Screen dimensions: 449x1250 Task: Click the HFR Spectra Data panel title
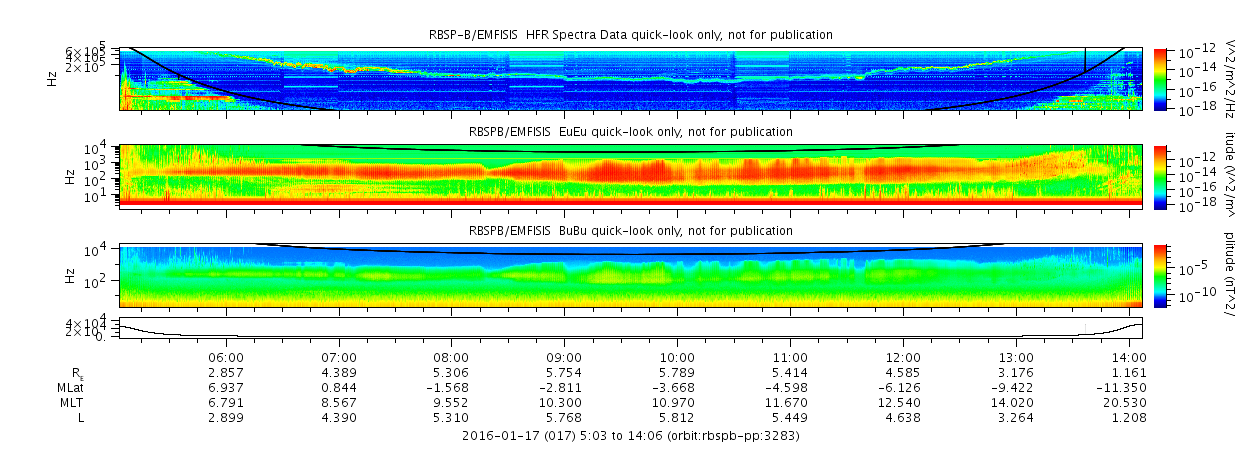tap(624, 35)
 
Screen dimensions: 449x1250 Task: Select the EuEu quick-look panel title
tap(630, 132)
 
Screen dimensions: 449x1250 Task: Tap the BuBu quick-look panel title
tap(630, 231)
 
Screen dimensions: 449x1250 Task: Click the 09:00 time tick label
tap(564, 357)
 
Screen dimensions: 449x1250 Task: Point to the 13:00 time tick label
tap(1016, 357)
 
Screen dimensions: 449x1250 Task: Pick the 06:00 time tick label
tap(225, 357)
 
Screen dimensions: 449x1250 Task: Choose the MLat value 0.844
tap(339, 386)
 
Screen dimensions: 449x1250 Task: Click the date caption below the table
tap(630, 436)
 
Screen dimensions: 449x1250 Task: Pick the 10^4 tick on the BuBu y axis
tap(107, 250)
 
